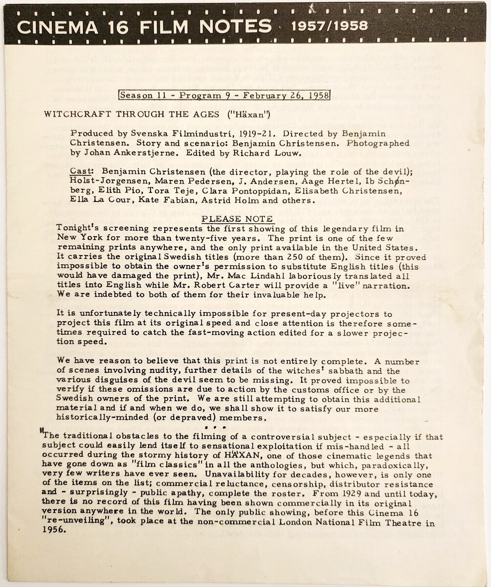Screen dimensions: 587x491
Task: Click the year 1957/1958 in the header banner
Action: coord(330,25)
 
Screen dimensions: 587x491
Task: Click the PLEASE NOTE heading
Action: coord(238,219)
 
